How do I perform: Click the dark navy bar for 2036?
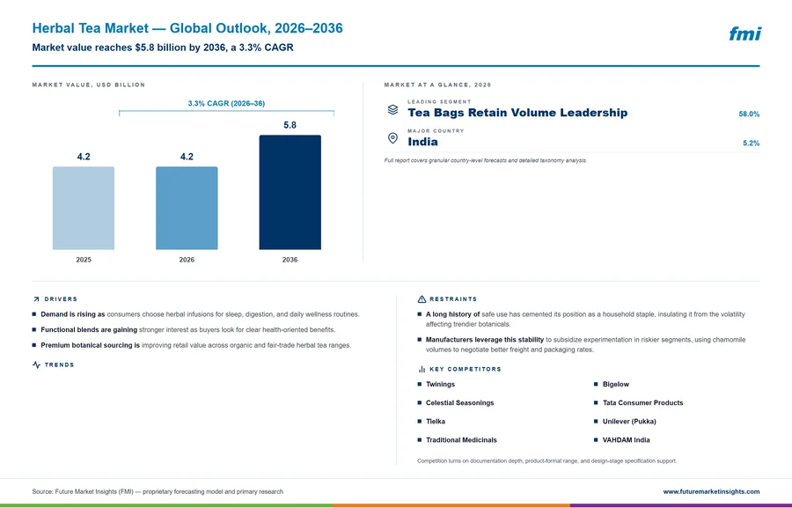click(x=290, y=192)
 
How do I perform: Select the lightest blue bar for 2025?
click(x=84, y=209)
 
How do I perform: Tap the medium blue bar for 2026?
click(x=187, y=209)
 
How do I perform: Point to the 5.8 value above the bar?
click(x=290, y=125)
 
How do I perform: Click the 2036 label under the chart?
click(x=290, y=260)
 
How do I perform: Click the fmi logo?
click(x=745, y=33)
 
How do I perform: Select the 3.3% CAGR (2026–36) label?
click(x=226, y=103)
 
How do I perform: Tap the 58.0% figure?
click(x=749, y=114)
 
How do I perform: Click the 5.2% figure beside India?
click(x=752, y=143)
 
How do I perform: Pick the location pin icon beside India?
click(x=392, y=138)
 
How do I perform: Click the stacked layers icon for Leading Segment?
click(x=392, y=110)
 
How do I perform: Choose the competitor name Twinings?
click(x=440, y=384)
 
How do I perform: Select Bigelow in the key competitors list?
click(x=616, y=384)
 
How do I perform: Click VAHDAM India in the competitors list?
click(x=626, y=439)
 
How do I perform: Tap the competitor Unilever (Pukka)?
click(x=629, y=421)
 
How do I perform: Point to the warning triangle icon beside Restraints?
click(x=422, y=299)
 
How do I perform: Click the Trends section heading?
click(x=59, y=365)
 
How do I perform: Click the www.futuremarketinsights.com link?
click(x=711, y=491)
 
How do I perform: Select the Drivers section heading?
click(x=61, y=299)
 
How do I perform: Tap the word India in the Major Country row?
click(x=422, y=142)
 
